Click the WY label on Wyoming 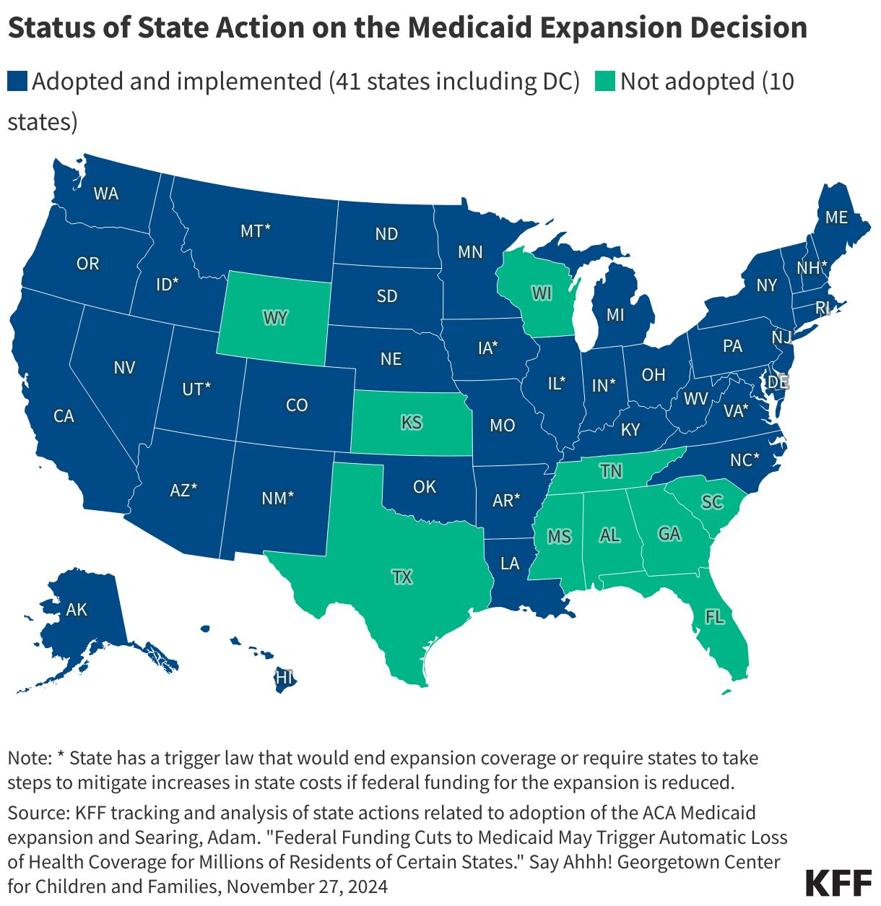pos(275,318)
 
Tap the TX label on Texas pos(402,577)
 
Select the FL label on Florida pos(714,617)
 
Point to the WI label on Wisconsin pos(542,293)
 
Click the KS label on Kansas pos(411,421)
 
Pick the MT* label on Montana pos(256,231)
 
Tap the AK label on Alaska pos(77,609)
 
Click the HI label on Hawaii pos(285,678)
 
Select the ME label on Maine pos(836,217)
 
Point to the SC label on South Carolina pos(712,501)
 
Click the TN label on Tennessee pos(611,471)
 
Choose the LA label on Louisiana pos(510,563)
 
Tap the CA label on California pos(64,416)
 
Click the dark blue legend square pos(17,81)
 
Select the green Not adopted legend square pos(605,81)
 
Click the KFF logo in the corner pos(838,883)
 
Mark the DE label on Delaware pos(778,381)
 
